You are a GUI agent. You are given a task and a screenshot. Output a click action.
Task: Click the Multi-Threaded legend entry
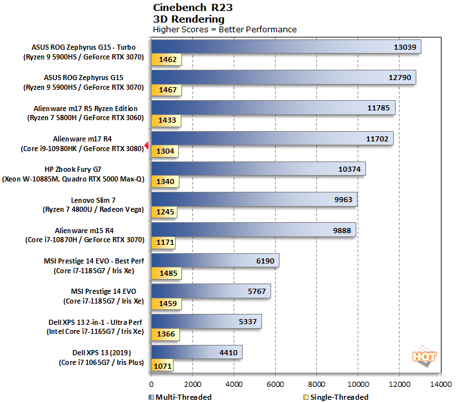(180, 397)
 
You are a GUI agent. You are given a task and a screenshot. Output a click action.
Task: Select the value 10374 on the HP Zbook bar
(350, 169)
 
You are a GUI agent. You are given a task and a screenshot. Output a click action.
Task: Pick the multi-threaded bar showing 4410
(196, 352)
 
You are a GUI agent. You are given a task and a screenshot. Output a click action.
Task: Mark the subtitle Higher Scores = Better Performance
(225, 29)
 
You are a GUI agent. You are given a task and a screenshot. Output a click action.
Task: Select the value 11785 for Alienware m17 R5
(378, 108)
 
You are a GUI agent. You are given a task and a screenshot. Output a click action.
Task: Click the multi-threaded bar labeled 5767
(210, 291)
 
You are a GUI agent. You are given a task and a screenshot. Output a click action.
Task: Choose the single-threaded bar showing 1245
(164, 211)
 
